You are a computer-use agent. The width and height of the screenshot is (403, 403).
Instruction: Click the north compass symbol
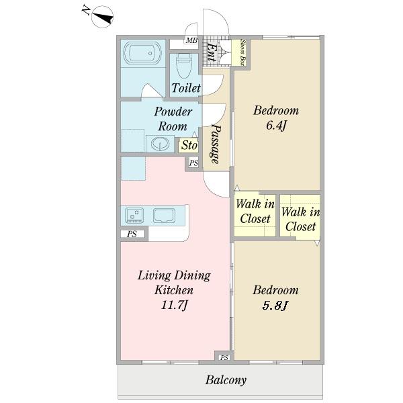pyautogui.click(x=103, y=17)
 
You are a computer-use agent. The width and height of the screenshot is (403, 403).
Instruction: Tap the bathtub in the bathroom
pyautogui.click(x=142, y=53)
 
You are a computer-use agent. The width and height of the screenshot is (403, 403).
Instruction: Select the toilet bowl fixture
pyautogui.click(x=184, y=66)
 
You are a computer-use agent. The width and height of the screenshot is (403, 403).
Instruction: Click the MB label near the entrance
pyautogui.click(x=191, y=40)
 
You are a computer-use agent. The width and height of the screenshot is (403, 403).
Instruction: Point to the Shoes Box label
pyautogui.click(x=242, y=52)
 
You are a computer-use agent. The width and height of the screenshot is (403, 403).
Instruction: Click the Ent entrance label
pyautogui.click(x=211, y=52)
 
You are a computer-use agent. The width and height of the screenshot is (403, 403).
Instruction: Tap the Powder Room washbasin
pyautogui.click(x=160, y=144)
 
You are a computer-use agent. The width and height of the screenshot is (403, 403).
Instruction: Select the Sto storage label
pyautogui.click(x=189, y=145)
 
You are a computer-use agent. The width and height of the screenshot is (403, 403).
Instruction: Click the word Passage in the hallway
pyautogui.click(x=216, y=144)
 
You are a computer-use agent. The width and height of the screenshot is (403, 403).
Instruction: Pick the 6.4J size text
pyautogui.click(x=276, y=126)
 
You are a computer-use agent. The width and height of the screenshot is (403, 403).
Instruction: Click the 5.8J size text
pyautogui.click(x=275, y=306)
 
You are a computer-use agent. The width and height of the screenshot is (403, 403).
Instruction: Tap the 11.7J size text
pyautogui.click(x=174, y=306)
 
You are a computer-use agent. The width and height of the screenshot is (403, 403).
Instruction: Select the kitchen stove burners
pyautogui.click(x=134, y=216)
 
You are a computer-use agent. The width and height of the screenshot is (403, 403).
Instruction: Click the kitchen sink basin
pyautogui.click(x=165, y=216)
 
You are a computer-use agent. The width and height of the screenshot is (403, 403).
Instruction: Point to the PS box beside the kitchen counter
pyautogui.click(x=132, y=234)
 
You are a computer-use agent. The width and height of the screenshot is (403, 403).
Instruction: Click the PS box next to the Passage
pyautogui.click(x=193, y=163)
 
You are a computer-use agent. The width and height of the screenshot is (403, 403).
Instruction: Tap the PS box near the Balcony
pyautogui.click(x=224, y=357)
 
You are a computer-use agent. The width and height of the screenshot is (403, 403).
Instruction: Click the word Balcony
pyautogui.click(x=226, y=380)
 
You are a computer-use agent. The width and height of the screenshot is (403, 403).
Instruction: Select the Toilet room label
pyautogui.click(x=186, y=88)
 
